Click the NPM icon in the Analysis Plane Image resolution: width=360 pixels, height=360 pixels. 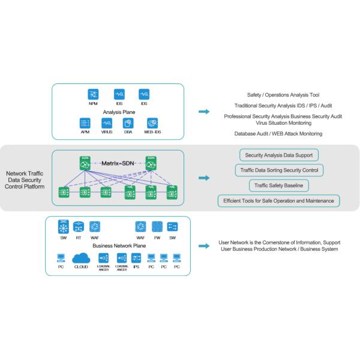click(92, 94)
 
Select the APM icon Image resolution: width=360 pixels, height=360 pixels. click(85, 122)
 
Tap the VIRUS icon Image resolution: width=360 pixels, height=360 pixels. click(107, 122)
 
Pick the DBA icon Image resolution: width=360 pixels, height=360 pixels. click(128, 122)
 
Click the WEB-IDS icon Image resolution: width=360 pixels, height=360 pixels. click(152, 122)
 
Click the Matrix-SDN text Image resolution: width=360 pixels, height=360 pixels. click(118, 163)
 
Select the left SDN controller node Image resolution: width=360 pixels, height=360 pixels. click(85, 163)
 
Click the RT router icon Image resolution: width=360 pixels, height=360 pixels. click(79, 227)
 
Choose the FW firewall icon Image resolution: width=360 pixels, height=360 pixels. click(157, 227)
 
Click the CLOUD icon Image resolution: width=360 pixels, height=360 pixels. click(80, 258)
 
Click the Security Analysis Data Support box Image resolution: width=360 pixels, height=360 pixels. click(279, 155)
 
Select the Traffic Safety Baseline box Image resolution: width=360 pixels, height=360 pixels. click(279, 185)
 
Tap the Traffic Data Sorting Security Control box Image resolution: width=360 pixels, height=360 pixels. click(279, 170)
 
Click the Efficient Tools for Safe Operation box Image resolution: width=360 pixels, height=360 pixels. click(279, 200)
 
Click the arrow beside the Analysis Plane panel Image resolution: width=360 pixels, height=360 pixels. click(204, 112)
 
